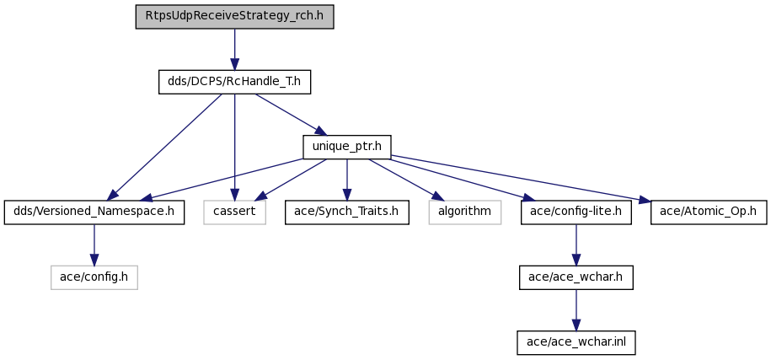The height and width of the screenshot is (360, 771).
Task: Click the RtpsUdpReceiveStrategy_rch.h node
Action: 234,17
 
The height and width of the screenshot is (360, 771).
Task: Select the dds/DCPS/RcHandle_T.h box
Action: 234,82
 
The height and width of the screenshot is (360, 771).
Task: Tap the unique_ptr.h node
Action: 346,147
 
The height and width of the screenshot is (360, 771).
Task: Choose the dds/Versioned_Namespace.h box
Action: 94,212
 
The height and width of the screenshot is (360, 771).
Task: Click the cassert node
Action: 234,212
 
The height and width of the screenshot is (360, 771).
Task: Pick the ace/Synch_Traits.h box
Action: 346,212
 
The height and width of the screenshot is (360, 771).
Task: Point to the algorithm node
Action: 464,212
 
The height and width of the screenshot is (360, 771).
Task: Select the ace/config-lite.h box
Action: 576,212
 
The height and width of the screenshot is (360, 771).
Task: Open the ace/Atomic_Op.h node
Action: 709,212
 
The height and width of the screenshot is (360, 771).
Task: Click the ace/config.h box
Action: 94,277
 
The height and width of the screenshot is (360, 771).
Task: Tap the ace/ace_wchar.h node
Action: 576,277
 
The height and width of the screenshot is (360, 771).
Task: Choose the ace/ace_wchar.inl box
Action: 576,342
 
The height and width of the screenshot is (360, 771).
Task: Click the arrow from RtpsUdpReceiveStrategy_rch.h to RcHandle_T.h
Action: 234,49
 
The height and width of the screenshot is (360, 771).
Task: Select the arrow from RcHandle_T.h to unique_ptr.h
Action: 290,114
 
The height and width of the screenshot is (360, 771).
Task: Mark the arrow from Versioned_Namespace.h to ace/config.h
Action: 94,244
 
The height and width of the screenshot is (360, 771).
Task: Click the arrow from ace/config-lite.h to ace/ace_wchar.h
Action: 576,244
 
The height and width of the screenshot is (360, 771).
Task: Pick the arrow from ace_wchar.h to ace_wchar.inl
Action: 576,310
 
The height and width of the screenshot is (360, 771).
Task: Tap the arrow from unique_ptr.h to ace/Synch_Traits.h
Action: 346,180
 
